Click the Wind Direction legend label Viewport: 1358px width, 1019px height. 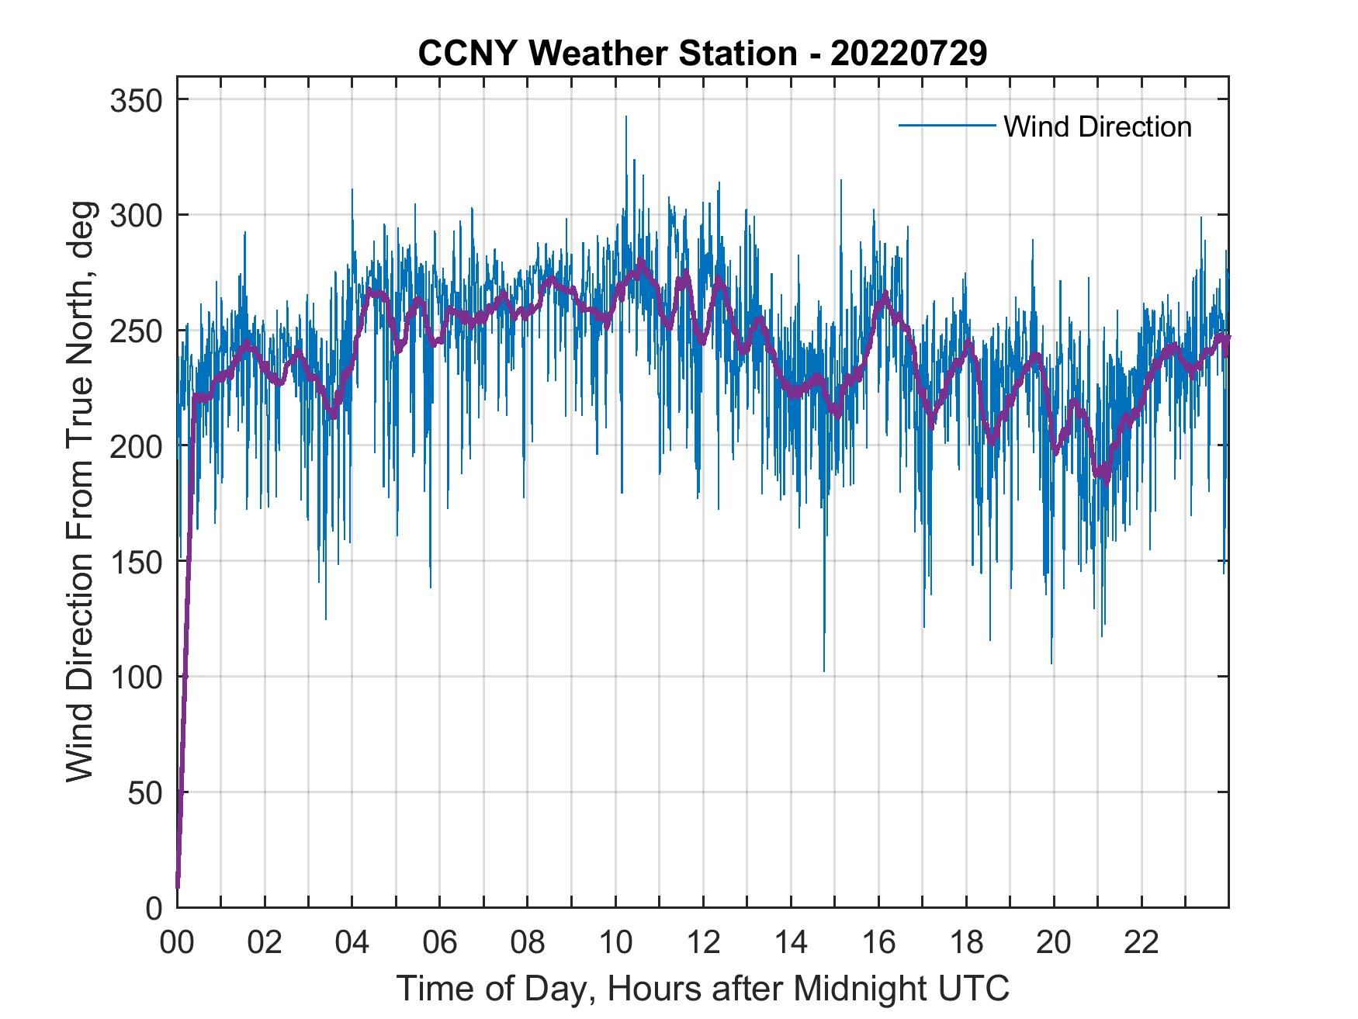1097,126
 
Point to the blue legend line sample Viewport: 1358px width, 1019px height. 946,125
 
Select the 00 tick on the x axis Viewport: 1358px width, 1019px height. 177,943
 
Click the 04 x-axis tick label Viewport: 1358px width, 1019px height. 352,943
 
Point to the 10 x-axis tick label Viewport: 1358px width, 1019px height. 615,943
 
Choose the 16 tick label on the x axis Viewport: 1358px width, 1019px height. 878,943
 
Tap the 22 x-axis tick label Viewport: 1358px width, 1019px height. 1141,943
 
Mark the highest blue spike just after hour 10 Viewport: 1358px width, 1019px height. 625,118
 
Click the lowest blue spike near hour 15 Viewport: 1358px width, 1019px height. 824,670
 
